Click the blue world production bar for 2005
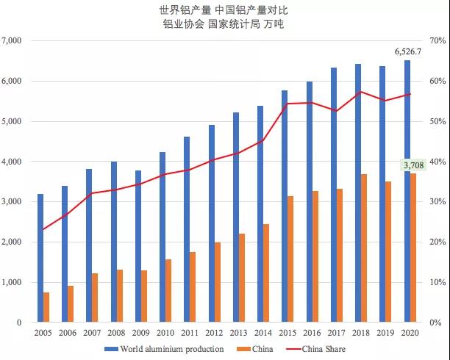tap(40, 258)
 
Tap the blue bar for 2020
tap(407, 191)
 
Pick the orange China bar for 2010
tap(168, 290)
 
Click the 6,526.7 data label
tap(407, 51)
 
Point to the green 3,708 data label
tap(413, 165)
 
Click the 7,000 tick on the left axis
tap(13, 41)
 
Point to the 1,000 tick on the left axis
tap(13, 282)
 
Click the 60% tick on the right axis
tap(439, 82)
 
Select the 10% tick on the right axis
tap(439, 282)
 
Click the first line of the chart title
tap(224, 11)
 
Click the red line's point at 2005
tap(43, 229)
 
